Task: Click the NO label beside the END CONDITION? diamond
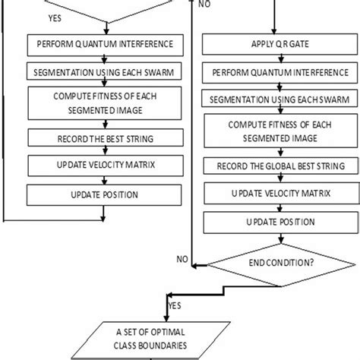(182, 259)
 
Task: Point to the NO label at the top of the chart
(204, 4)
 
